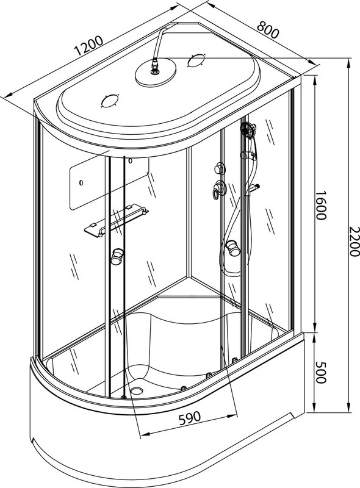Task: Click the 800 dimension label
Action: coord(268,30)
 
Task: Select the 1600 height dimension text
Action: coord(320,205)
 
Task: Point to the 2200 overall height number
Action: coord(354,242)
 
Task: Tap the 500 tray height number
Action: coord(320,372)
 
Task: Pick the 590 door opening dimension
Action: coord(190,418)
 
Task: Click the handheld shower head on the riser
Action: coord(248,129)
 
